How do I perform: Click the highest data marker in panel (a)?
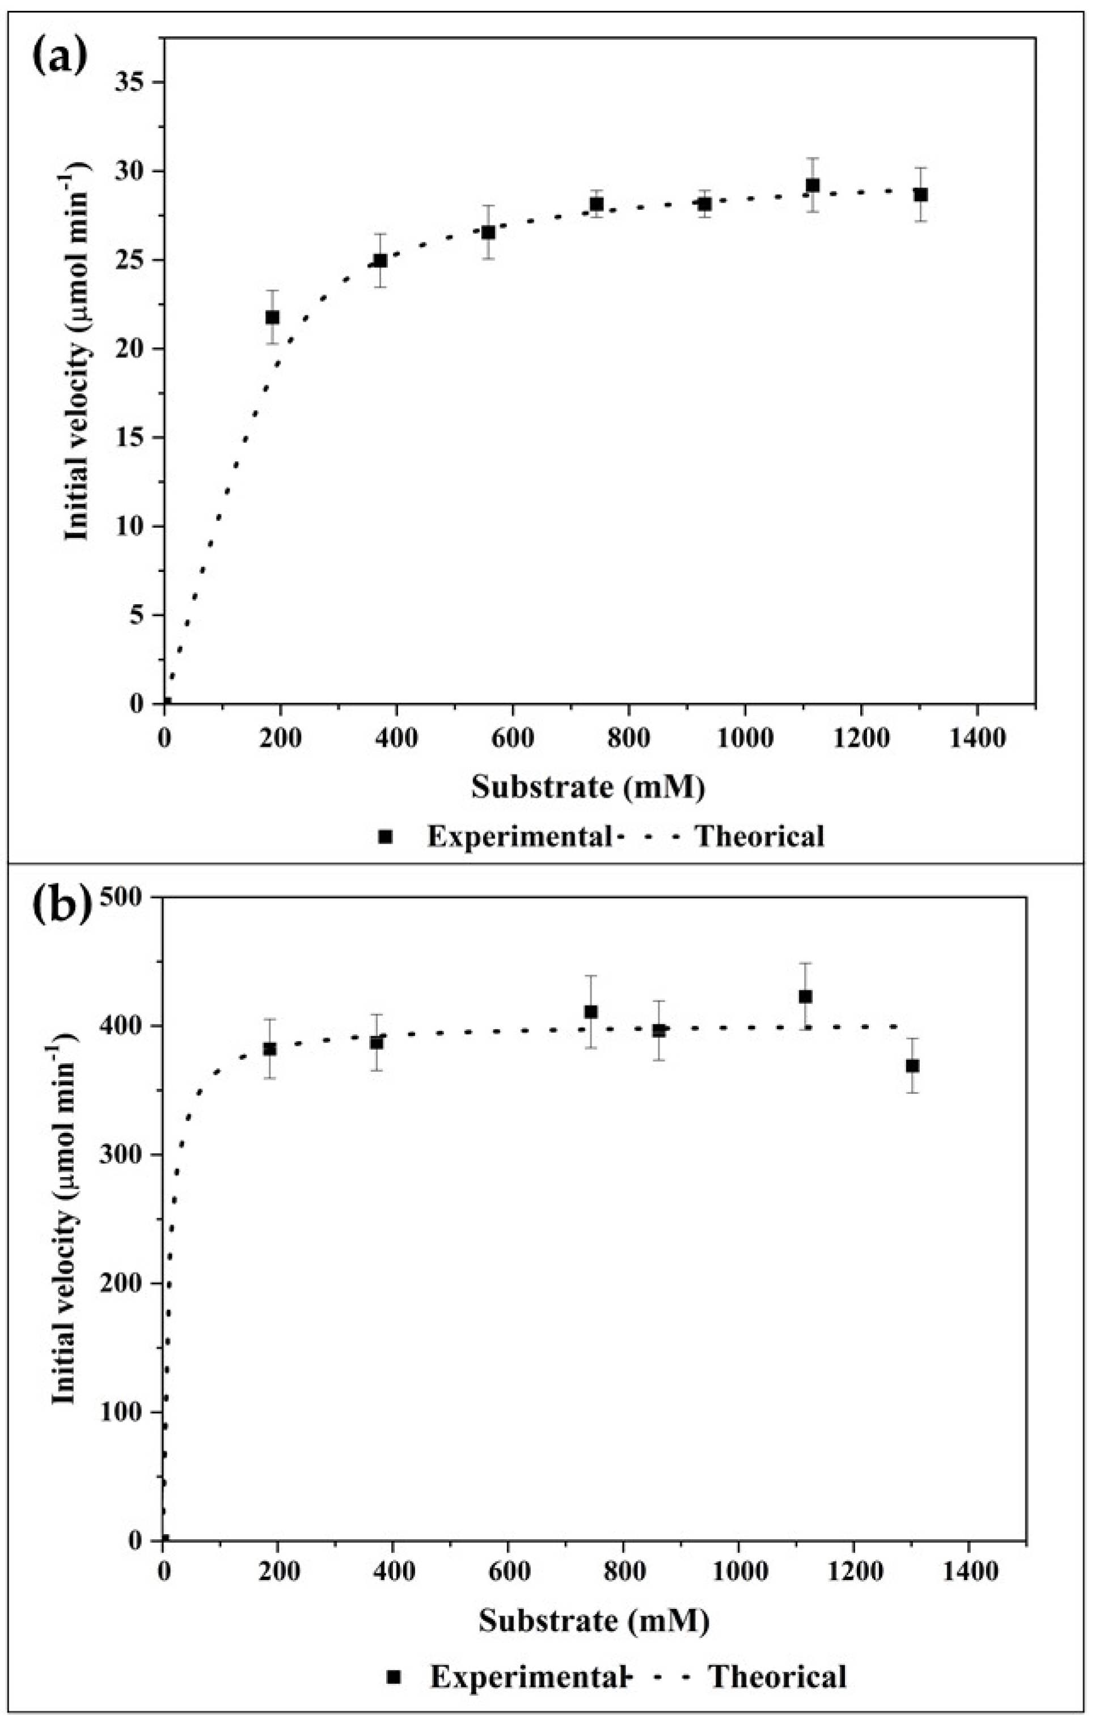[813, 186]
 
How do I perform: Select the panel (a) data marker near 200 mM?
[273, 317]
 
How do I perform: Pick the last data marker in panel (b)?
[912, 1065]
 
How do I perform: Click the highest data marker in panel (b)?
[805, 996]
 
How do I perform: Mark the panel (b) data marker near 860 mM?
[659, 1031]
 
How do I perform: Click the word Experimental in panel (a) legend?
[518, 836]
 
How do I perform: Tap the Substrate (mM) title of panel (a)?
[588, 787]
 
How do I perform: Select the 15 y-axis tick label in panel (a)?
[137, 438]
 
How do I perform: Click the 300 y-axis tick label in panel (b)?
[128, 1155]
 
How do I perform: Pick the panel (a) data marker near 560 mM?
[488, 233]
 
